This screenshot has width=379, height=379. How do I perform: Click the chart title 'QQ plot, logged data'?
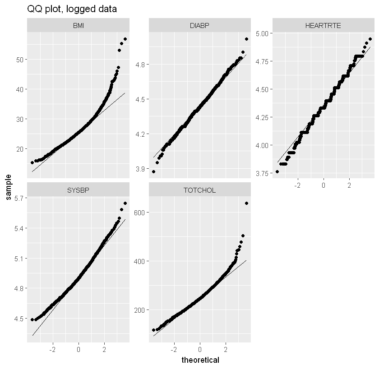tap(72, 9)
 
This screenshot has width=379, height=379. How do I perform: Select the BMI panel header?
tap(78, 26)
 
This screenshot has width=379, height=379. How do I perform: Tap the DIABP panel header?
tap(200, 26)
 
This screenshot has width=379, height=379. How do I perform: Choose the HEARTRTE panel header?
tap(323, 26)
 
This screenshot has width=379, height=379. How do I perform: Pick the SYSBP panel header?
tap(78, 190)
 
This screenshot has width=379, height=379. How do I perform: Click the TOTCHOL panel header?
tap(200, 190)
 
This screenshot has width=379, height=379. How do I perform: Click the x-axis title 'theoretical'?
tap(200, 360)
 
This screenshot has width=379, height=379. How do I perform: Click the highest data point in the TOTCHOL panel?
tap(246, 203)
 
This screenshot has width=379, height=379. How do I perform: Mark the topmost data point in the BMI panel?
tap(125, 39)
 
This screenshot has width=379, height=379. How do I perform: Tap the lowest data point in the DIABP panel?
tap(153, 171)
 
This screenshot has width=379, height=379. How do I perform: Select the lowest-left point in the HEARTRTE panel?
tap(277, 171)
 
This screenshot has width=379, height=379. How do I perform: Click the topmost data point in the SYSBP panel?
tap(125, 203)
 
